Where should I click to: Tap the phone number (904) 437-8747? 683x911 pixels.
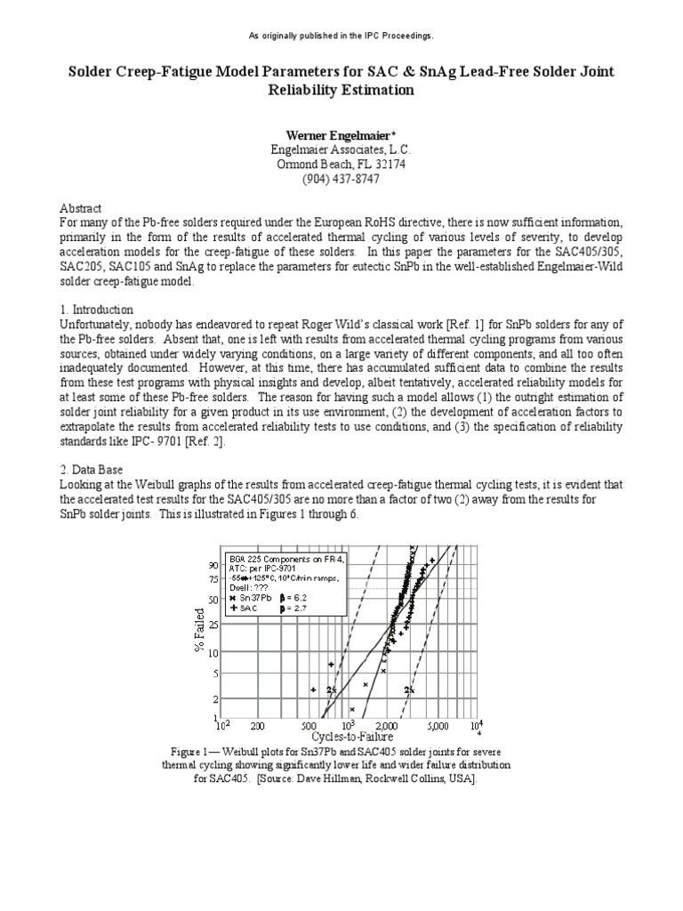pyautogui.click(x=341, y=178)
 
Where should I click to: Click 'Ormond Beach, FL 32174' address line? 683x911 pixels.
pyautogui.click(x=341, y=165)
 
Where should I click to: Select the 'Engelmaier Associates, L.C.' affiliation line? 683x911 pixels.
pyautogui.click(x=341, y=151)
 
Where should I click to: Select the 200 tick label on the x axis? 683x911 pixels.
pyautogui.click(x=258, y=726)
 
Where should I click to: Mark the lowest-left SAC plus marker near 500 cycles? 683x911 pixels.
pyautogui.click(x=313, y=689)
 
